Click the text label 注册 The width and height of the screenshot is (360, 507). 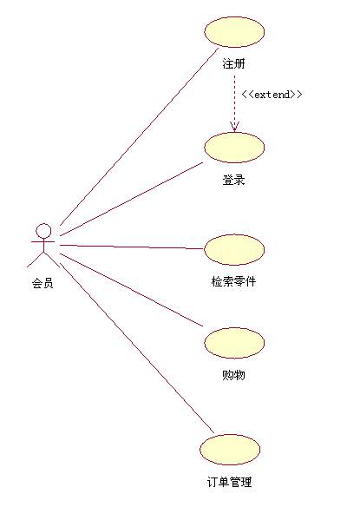pos(233,63)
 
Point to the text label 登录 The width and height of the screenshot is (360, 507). pos(233,180)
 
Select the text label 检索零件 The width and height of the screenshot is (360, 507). pos(233,281)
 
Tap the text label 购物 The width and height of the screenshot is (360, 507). pos(233,375)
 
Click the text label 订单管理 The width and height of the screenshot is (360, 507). pos(229,482)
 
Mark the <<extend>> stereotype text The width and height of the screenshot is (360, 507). pos(272,95)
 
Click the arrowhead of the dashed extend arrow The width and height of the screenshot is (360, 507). pos(234,128)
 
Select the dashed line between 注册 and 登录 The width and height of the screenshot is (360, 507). pos(234,103)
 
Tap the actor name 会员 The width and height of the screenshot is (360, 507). pos(43,283)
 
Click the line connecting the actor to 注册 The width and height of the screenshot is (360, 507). pos(140,136)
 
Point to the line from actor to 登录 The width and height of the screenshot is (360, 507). pos(132,199)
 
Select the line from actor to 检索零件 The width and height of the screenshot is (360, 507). pos(132,247)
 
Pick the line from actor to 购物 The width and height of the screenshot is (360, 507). pos(132,290)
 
